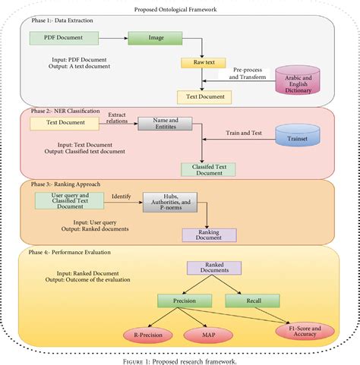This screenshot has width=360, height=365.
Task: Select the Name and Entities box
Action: click(165, 123)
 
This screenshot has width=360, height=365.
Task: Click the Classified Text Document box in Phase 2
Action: click(204, 169)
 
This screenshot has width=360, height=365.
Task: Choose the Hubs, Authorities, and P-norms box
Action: click(169, 202)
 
